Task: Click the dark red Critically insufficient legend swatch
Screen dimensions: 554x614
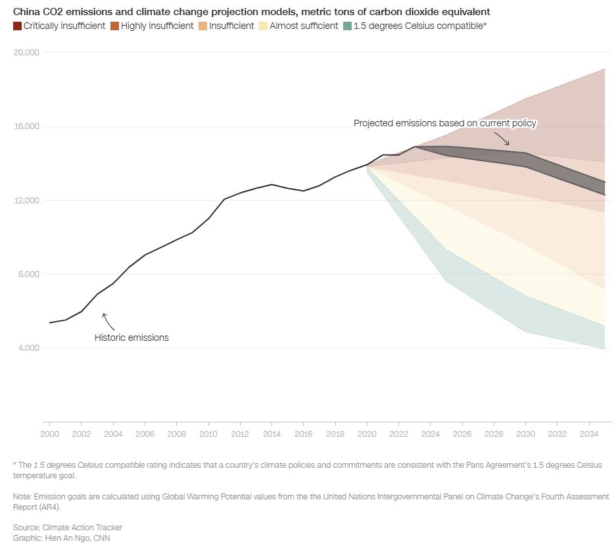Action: (x=17, y=26)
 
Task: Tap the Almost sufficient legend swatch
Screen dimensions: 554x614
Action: (x=264, y=26)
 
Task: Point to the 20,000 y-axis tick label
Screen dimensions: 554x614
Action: (x=27, y=53)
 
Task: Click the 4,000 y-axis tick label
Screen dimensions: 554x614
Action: (x=29, y=348)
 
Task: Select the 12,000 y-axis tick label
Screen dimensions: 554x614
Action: (x=27, y=201)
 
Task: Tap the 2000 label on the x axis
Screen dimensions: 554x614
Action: (x=49, y=434)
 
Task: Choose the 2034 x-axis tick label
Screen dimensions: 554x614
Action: (x=588, y=434)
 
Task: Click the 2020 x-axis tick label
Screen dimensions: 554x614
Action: (x=367, y=434)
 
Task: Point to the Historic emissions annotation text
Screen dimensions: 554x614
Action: (x=131, y=338)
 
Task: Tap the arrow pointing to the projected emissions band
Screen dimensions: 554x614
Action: (x=502, y=138)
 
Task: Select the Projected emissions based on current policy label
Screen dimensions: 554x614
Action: (x=445, y=123)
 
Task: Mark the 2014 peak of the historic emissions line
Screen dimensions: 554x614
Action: (x=272, y=184)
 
